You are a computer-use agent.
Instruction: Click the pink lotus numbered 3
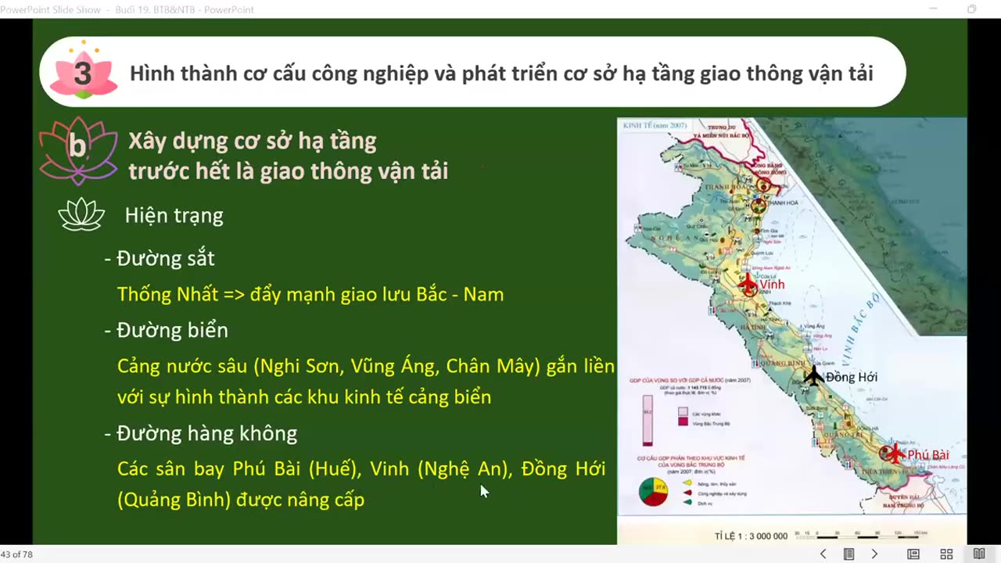(82, 72)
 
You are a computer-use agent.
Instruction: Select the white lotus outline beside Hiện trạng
(81, 215)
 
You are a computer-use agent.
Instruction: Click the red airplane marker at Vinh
(748, 285)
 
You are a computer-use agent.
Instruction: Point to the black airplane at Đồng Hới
(813, 376)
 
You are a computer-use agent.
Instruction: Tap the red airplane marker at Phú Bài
(892, 454)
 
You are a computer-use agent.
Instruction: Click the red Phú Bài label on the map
(928, 455)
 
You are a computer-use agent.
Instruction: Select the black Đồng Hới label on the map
(852, 377)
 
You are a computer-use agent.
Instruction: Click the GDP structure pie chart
(654, 492)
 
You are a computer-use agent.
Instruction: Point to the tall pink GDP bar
(648, 421)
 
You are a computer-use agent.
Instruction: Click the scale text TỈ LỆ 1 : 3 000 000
(751, 536)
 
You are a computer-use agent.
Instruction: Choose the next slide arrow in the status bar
(874, 554)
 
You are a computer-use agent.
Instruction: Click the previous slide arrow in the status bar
(823, 554)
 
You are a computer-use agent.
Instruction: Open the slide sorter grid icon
(946, 554)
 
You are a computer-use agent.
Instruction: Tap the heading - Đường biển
(167, 331)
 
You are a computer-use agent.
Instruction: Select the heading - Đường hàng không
(201, 434)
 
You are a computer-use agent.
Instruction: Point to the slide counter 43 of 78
(16, 554)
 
